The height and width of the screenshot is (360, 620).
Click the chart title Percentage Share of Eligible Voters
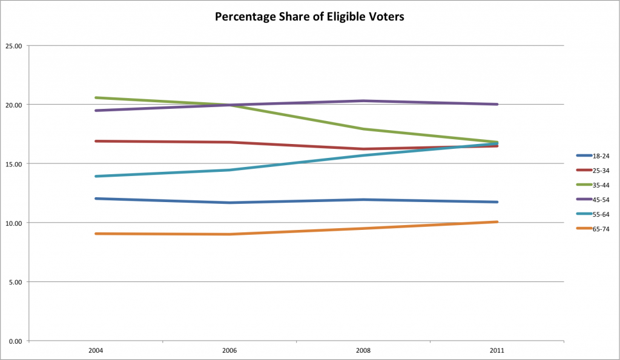pyautogui.click(x=309, y=17)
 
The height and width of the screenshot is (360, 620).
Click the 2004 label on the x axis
pyautogui.click(x=95, y=350)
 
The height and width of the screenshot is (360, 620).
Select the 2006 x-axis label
pyautogui.click(x=229, y=350)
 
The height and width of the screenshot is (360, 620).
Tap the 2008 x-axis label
pyautogui.click(x=363, y=350)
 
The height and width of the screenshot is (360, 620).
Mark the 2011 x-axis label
pyautogui.click(x=497, y=350)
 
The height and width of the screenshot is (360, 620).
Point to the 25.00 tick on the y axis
pyautogui.click(x=14, y=46)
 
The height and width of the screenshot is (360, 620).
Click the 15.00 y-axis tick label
pyautogui.click(x=14, y=164)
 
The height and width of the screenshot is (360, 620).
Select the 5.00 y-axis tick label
pyautogui.click(x=15, y=282)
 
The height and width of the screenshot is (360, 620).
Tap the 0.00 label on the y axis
pyautogui.click(x=15, y=341)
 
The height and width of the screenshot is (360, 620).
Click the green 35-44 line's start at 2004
pyautogui.click(x=96, y=97)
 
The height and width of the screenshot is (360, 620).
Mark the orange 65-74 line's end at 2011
pyautogui.click(x=497, y=222)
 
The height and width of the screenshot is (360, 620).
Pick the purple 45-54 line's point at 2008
pyautogui.click(x=363, y=101)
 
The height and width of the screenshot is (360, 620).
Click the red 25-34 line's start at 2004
pyautogui.click(x=96, y=141)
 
